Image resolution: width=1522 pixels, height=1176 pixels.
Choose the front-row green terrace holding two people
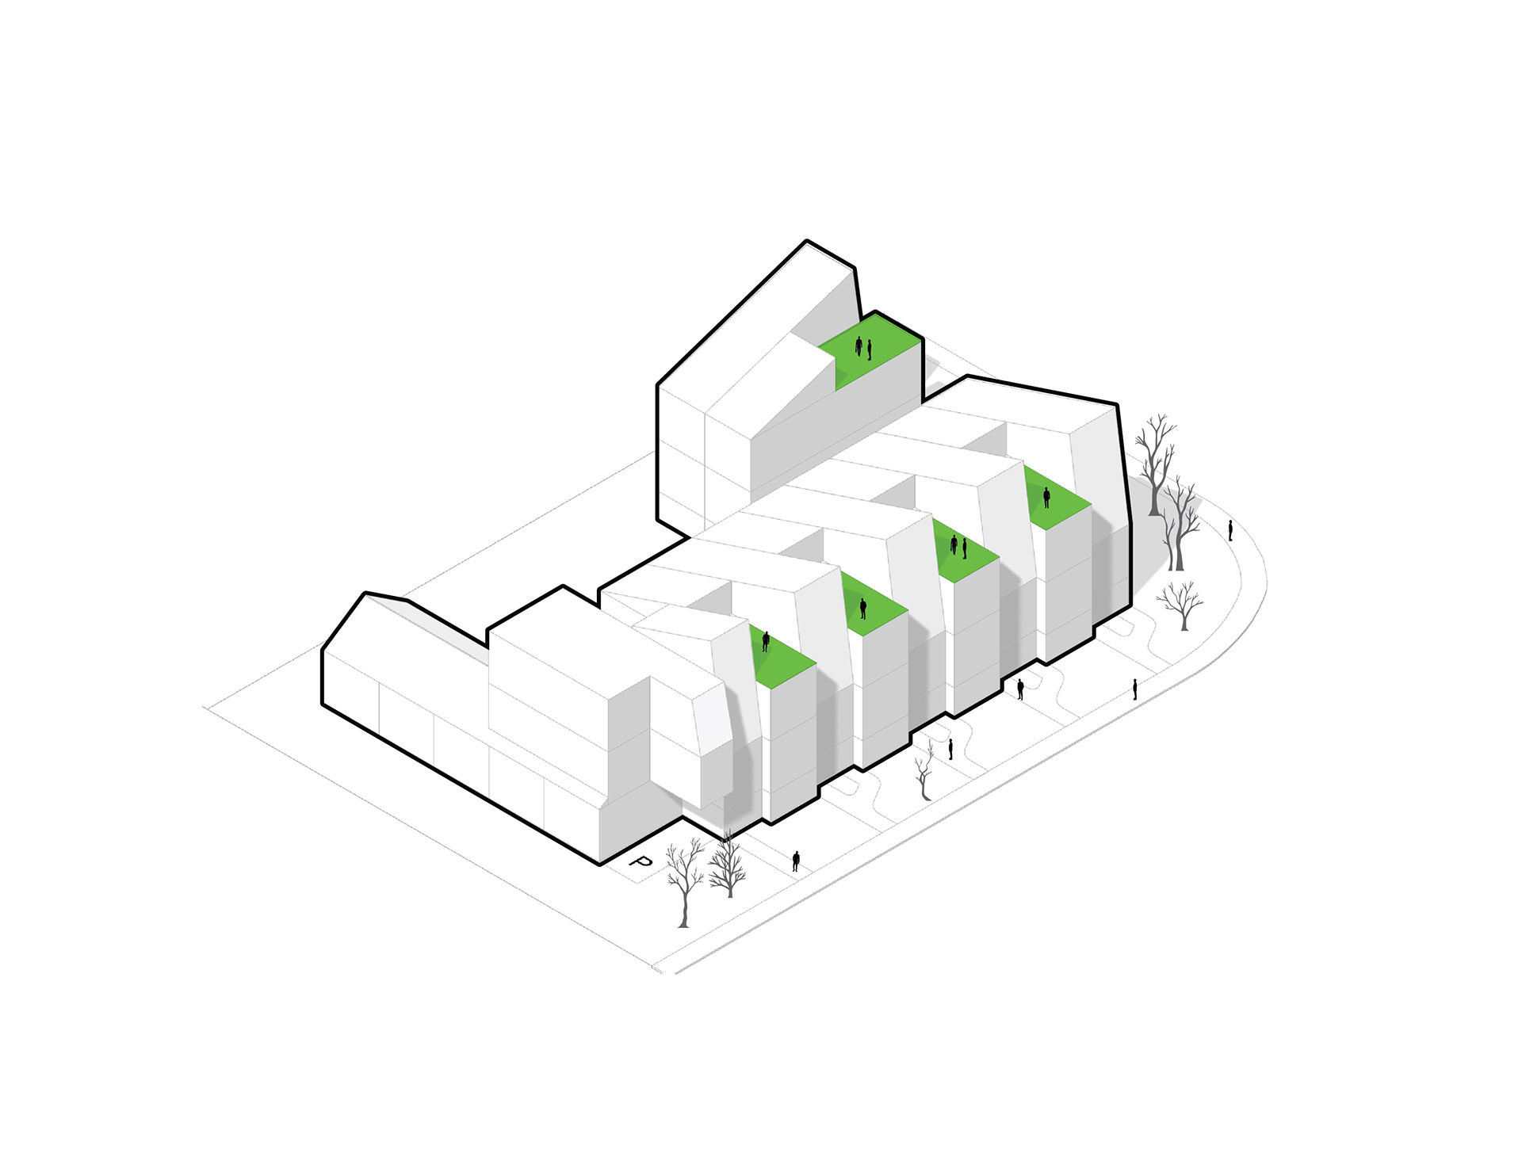tap(963, 551)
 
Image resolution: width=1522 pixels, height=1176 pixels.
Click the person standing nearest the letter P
tap(796, 861)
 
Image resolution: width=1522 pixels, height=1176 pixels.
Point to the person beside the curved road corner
tap(1230, 531)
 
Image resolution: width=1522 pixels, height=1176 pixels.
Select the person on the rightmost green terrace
tap(1046, 498)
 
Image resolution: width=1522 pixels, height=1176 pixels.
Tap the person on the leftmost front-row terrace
tap(766, 641)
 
